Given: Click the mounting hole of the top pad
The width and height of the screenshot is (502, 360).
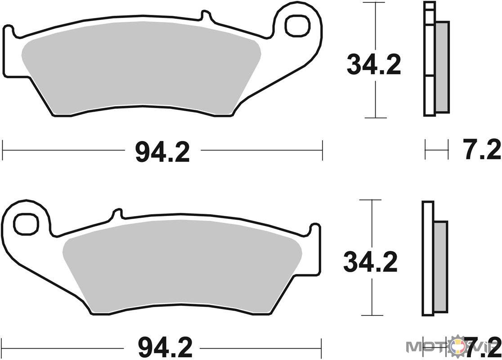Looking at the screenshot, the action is coord(298,26).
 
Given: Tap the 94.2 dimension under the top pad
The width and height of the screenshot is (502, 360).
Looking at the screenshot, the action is coord(163,152).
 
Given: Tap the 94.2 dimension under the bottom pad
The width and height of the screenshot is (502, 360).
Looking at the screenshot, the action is coord(166,348).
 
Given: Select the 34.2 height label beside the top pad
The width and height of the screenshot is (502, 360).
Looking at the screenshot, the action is coord(374,65).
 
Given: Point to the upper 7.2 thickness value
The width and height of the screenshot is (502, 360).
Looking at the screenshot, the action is coord(482,149).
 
